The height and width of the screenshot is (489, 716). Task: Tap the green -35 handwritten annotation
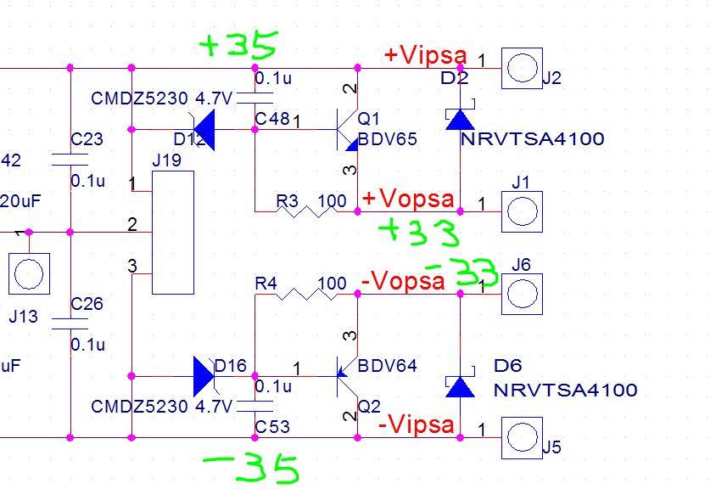[252, 466]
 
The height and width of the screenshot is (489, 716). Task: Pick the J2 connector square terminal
[521, 68]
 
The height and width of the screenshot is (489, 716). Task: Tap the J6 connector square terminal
[521, 293]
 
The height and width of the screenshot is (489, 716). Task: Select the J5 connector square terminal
[521, 436]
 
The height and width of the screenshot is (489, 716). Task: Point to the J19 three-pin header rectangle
[172, 233]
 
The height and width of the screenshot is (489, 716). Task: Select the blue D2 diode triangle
[460, 120]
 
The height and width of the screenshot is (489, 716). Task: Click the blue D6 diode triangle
[460, 387]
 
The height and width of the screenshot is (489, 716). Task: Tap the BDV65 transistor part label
[387, 139]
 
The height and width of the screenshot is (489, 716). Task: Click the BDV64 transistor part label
[387, 367]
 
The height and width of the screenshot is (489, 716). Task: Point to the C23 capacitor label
[87, 139]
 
